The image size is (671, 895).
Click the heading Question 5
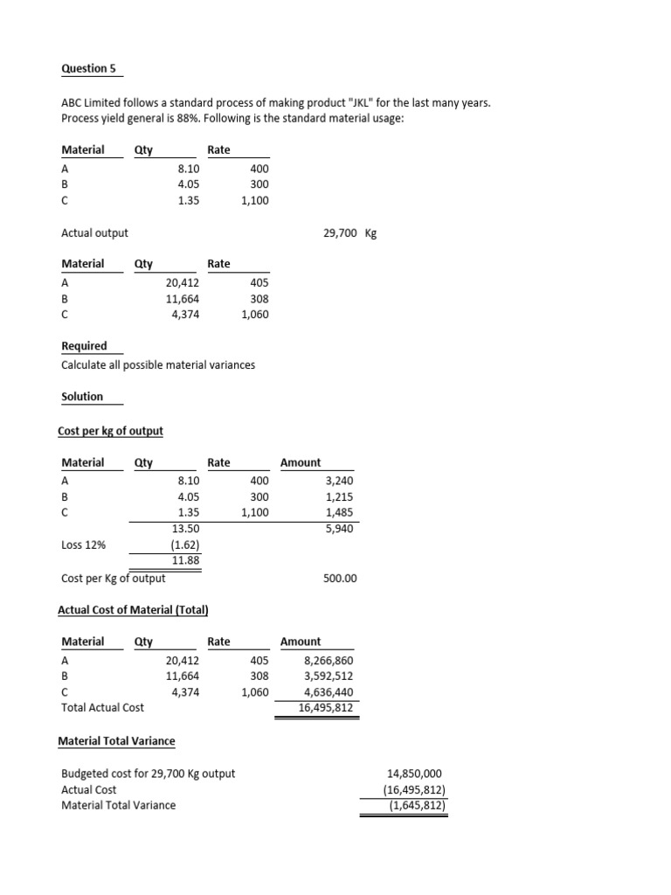coord(88,68)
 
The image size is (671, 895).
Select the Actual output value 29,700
coord(340,233)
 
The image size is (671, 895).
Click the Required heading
coord(84,346)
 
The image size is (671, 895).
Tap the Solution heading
coord(82,397)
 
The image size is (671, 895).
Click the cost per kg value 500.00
coord(340,579)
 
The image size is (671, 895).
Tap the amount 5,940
coord(340,529)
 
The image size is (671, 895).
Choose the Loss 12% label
coord(84,545)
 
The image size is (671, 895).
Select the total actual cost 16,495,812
coord(326,708)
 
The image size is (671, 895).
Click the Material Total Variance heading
coord(116,741)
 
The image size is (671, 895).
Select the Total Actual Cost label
coord(103,707)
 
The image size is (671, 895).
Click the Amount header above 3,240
coord(301,463)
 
